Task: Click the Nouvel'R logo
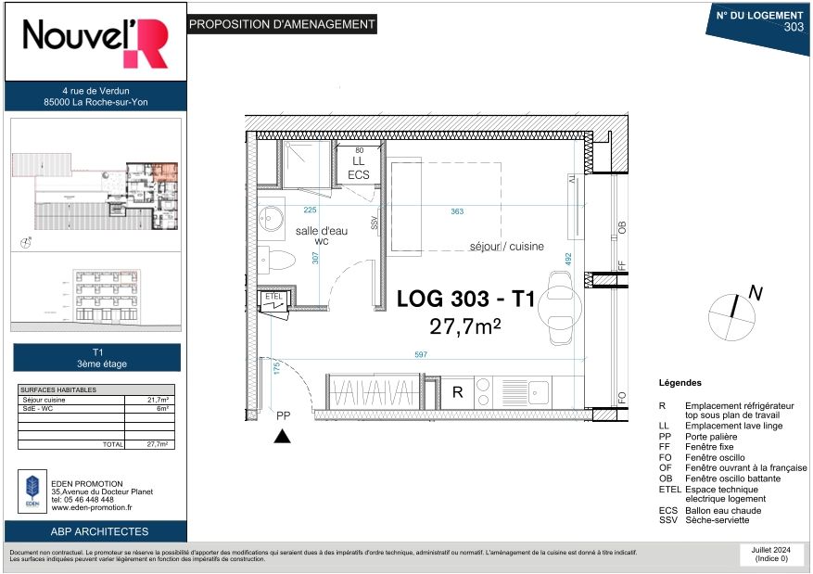click(x=95, y=42)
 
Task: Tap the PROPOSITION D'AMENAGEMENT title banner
click(x=282, y=25)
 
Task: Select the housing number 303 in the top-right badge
click(x=793, y=27)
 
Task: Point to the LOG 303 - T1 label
click(x=465, y=300)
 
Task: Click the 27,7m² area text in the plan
click(x=464, y=326)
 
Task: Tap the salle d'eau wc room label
click(x=322, y=236)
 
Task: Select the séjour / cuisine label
click(x=506, y=247)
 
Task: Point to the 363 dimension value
click(x=457, y=212)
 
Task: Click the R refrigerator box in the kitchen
click(x=457, y=392)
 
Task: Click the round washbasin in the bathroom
click(x=272, y=220)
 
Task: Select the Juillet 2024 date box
click(x=769, y=554)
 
